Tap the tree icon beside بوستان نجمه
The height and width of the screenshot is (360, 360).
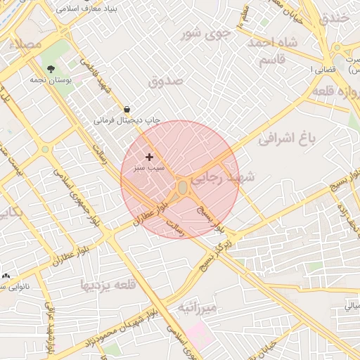[x=51, y=69]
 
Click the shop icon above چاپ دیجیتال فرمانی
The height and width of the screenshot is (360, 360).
[x=127, y=110]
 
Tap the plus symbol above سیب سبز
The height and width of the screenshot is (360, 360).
[x=149, y=157]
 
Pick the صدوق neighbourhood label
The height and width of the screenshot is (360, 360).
[x=165, y=82]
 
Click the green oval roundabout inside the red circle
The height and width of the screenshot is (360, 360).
[x=183, y=188]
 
